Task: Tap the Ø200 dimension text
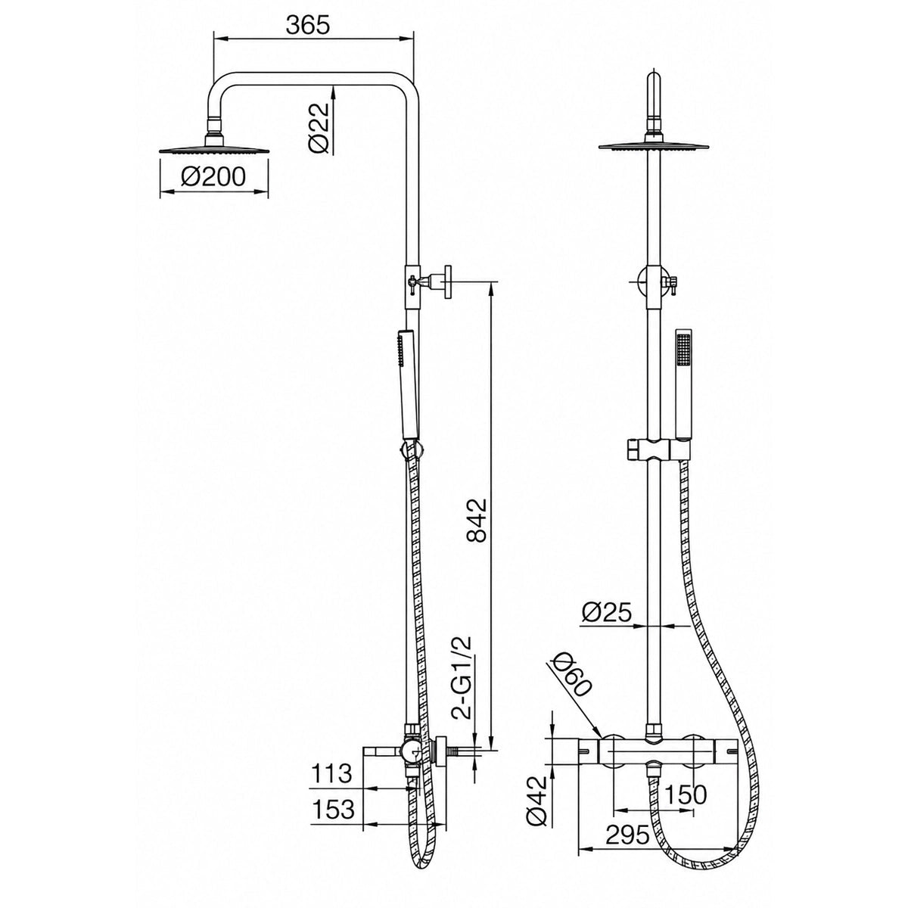coord(213,177)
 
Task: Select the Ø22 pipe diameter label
coord(319,128)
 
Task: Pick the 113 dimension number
coord(331,774)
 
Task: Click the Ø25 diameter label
coord(606,613)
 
